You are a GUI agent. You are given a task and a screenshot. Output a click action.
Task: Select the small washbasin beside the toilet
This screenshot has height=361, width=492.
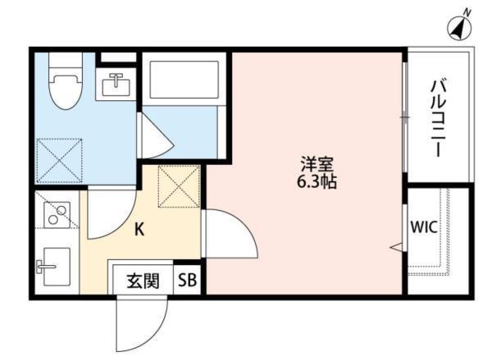coord(114,83)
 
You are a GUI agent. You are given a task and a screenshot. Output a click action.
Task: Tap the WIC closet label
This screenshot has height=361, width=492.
coord(425,227)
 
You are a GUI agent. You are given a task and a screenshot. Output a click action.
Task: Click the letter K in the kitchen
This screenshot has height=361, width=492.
coord(139,230)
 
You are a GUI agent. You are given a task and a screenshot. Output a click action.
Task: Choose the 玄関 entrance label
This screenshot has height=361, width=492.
coord(141,280)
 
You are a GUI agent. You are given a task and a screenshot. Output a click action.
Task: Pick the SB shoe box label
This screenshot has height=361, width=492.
coord(188,280)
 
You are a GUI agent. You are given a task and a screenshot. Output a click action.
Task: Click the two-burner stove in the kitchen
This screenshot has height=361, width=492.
coord(57,215)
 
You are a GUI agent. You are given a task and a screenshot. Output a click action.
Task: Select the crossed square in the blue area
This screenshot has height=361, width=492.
coord(60,161)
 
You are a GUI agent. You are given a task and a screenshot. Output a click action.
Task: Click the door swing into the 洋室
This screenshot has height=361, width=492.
coord(227,235)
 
